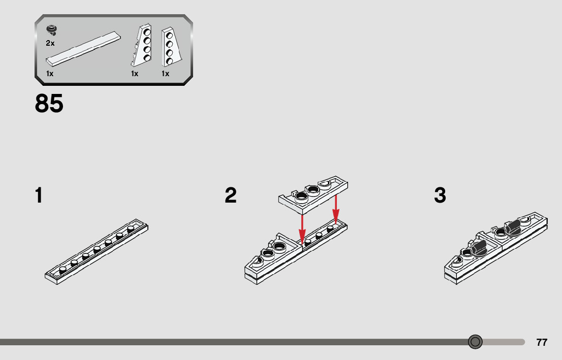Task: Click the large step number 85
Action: click(49, 104)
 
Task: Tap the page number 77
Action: click(542, 342)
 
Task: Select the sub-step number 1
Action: click(39, 195)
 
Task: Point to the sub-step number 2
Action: click(231, 195)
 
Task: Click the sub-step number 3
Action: click(440, 195)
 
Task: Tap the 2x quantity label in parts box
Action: click(50, 43)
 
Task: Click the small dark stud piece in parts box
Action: click(52, 30)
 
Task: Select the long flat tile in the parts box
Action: click(83, 49)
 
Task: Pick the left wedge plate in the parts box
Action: click(142, 46)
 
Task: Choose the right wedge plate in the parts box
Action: click(171, 47)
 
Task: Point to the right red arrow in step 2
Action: click(336, 209)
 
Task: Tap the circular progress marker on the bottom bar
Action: click(475, 342)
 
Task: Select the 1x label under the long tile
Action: click(50, 74)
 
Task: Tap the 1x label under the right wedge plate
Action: click(165, 74)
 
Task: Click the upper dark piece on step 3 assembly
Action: click(512, 228)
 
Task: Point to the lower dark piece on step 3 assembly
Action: click(479, 248)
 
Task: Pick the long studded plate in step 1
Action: click(97, 252)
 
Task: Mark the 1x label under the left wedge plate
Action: click(135, 74)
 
